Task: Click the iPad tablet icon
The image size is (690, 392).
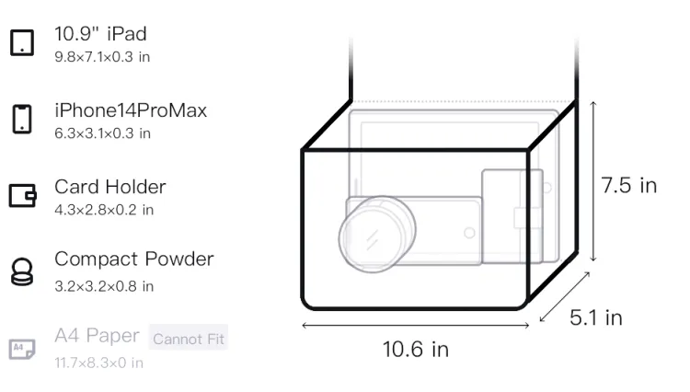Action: pos(22,42)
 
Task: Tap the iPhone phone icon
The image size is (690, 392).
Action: pos(22,119)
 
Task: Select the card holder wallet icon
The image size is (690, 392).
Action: pos(22,195)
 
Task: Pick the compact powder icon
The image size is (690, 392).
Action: pos(22,271)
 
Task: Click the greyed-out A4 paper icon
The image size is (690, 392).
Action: pos(22,349)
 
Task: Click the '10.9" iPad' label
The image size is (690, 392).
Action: pos(100,34)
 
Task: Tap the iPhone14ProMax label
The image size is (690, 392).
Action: pos(131,110)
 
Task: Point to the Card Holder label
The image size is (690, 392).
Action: pos(110,187)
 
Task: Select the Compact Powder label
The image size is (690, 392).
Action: pos(134,259)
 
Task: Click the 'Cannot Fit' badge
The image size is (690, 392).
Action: pos(189,339)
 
